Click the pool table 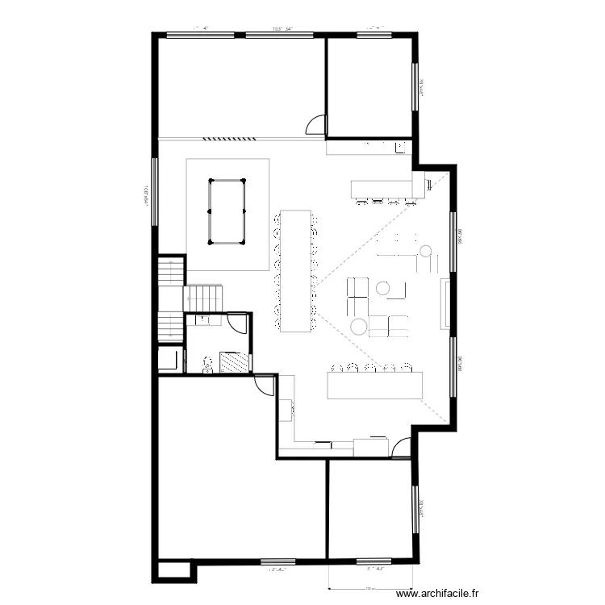[227, 212]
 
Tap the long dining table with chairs [295, 270]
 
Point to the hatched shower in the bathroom [235, 362]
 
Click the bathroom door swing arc [237, 323]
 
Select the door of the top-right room [316, 125]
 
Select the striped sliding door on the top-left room [228, 138]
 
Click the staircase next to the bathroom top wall [202, 297]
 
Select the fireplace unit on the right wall [444, 303]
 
